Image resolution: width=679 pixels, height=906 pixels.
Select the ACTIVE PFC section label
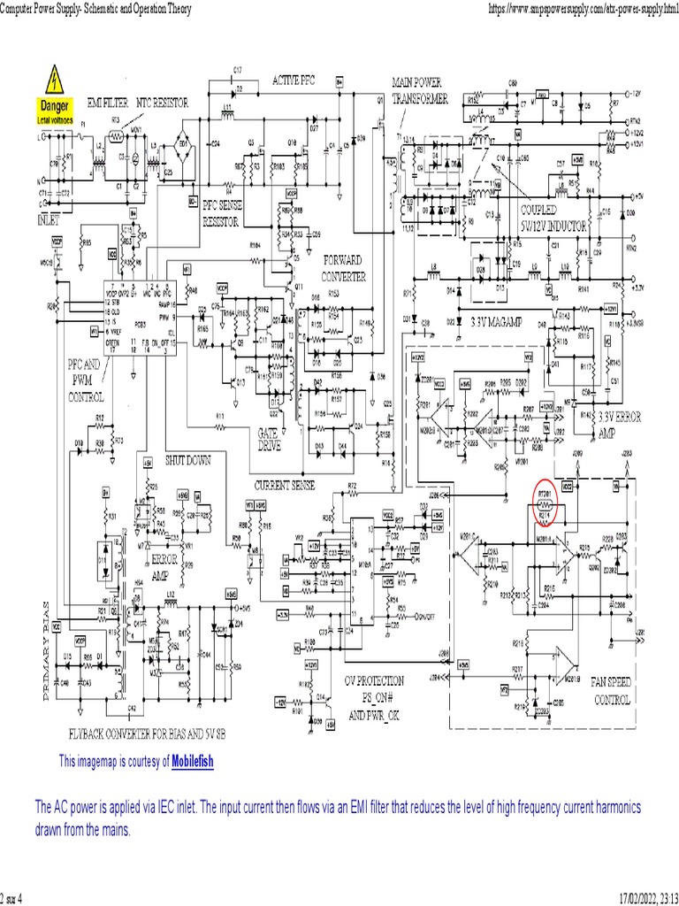293,80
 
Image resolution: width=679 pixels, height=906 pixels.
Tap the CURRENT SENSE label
284,486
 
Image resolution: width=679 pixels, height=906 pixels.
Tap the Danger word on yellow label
53,105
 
